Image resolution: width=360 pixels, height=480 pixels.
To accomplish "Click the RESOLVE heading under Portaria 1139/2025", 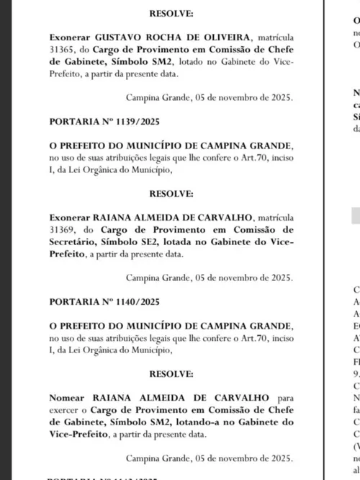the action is point(171,193).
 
